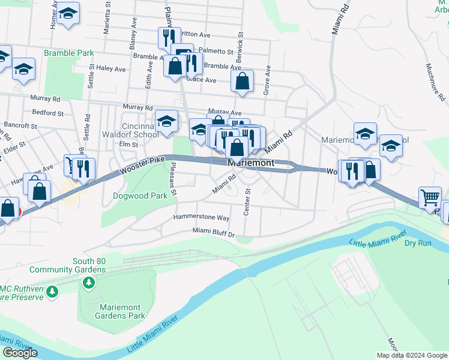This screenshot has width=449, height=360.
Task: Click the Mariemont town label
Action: [251, 163]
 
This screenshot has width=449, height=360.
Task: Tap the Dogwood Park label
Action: [140, 196]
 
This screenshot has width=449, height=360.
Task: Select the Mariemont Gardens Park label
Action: [120, 311]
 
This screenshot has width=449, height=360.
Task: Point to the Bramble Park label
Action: [68, 53]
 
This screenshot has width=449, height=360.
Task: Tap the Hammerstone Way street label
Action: [202, 217]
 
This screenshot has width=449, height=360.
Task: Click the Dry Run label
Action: [418, 243]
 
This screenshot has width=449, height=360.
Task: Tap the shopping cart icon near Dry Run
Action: [430, 197]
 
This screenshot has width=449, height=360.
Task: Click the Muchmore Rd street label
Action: [435, 81]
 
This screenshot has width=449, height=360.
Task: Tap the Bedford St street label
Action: [48, 113]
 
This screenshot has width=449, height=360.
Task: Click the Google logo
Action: [20, 353]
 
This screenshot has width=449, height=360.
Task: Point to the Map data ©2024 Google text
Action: [412, 355]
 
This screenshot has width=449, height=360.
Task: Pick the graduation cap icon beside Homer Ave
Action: [68, 14]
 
